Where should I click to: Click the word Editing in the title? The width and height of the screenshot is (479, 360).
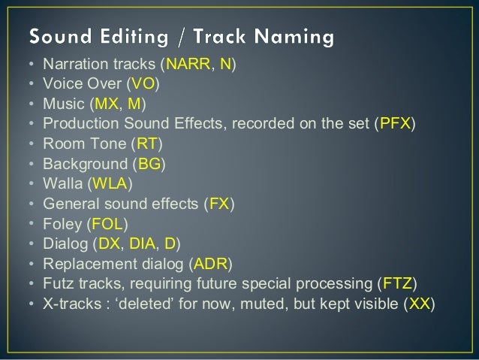pos(141,35)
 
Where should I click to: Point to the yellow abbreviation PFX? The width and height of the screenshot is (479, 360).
pos(394,123)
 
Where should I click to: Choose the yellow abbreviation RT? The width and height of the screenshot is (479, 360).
pos(148,143)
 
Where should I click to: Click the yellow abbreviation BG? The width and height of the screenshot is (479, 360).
pos(149,163)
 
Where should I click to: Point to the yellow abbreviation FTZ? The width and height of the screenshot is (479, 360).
pos(397,283)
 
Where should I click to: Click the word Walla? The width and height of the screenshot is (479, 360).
pos(62,183)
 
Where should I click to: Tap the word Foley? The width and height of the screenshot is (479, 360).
pos(62,223)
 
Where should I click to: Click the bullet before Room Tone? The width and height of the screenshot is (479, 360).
pos(31,143)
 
